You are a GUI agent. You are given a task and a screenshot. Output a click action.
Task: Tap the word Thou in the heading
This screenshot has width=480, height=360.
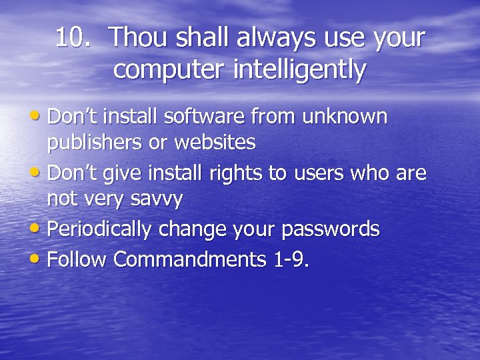137,38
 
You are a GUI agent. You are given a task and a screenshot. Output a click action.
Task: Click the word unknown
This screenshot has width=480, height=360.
344,117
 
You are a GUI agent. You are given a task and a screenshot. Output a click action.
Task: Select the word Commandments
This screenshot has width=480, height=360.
191,259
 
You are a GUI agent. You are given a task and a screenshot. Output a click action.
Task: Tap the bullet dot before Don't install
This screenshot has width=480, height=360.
39,116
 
